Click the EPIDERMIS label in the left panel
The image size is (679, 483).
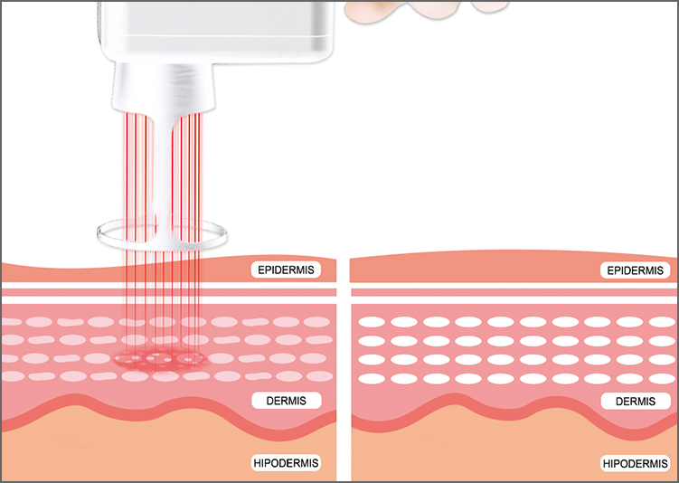pyautogui.click(x=286, y=270)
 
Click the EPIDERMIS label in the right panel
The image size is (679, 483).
pyautogui.click(x=635, y=270)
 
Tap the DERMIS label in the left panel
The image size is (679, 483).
pyautogui.click(x=287, y=401)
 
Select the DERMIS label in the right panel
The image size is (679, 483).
pyautogui.click(x=636, y=402)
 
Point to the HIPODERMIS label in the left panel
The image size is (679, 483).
pyautogui.click(x=287, y=463)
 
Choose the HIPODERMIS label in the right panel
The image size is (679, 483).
pyautogui.click(x=636, y=464)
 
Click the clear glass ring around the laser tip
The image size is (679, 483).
pyautogui.click(x=162, y=248)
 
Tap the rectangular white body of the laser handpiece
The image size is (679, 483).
pyautogui.click(x=216, y=32)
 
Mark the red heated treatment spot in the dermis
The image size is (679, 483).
pyautogui.click(x=161, y=359)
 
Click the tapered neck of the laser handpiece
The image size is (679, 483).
pyautogui.click(x=164, y=86)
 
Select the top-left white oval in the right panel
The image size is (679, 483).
pyautogui.click(x=372, y=322)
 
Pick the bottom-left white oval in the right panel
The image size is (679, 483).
pyautogui.click(x=372, y=379)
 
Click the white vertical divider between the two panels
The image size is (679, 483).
pyautogui.click(x=344, y=369)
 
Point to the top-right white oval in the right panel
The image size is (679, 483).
pyautogui.click(x=663, y=322)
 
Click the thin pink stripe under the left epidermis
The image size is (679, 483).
pyautogui.click(x=169, y=292)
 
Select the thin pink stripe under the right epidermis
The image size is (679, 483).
pyautogui.click(x=514, y=292)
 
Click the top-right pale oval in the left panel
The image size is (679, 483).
pyautogui.click(x=317, y=322)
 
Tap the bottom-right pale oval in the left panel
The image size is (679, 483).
pyautogui.click(x=319, y=376)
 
